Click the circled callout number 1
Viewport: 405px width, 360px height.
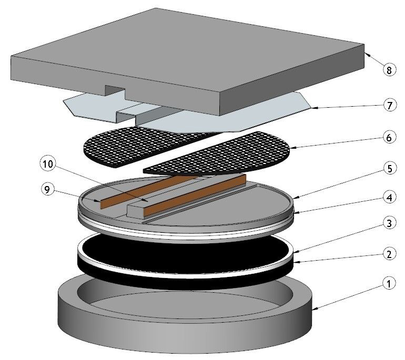click(x=388, y=284)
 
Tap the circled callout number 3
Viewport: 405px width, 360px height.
click(x=388, y=223)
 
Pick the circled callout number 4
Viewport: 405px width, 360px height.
click(x=388, y=199)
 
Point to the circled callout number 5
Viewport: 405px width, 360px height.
click(x=388, y=169)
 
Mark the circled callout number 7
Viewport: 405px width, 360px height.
click(x=388, y=105)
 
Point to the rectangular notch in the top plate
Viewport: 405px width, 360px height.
click(x=115, y=89)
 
